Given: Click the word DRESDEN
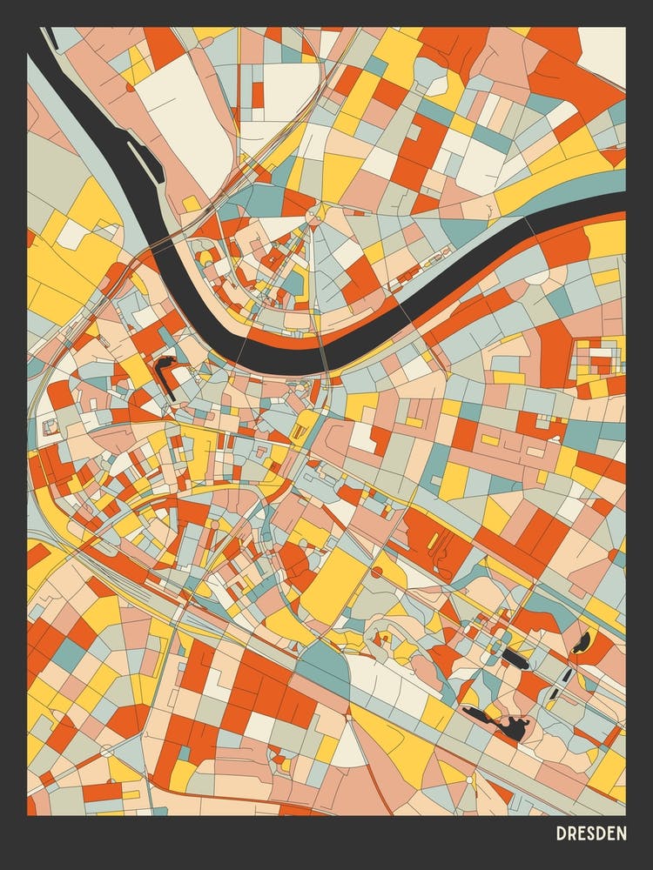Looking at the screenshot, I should pos(591,833).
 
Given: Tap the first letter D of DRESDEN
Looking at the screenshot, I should pos(562,833).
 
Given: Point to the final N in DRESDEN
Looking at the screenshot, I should pos(621,833).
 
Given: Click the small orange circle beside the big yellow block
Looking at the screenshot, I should pos(377,572).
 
